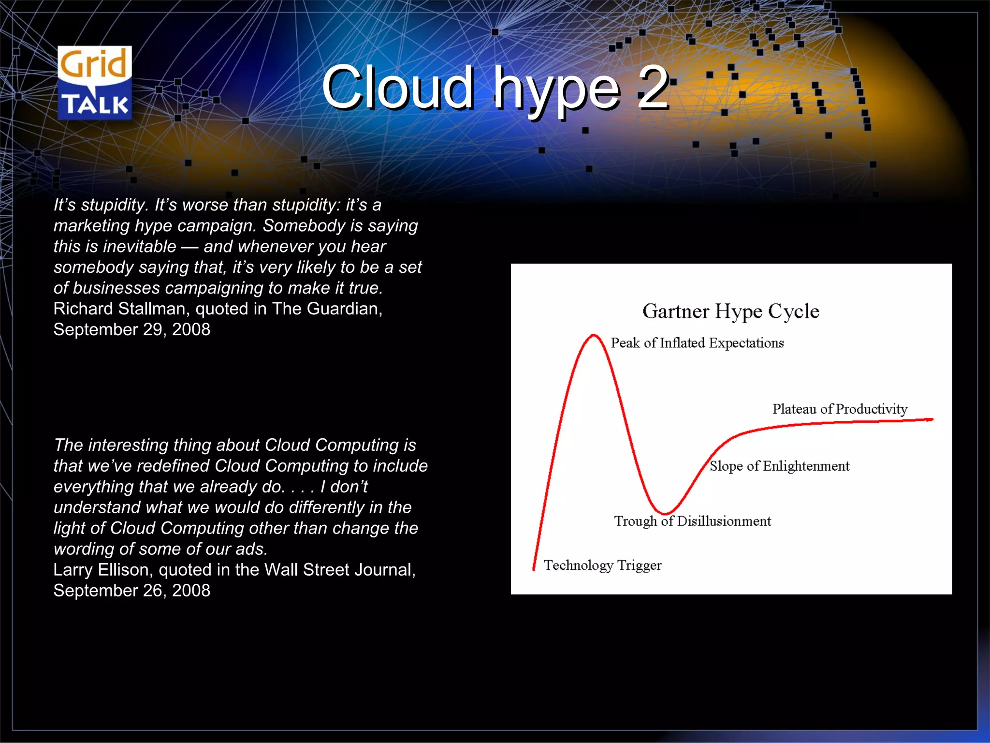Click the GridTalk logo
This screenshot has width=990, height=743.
pyautogui.click(x=95, y=83)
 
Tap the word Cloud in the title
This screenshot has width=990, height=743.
pyautogui.click(x=397, y=88)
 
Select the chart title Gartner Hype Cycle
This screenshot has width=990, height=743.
pyautogui.click(x=730, y=311)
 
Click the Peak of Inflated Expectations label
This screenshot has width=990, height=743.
pyautogui.click(x=697, y=343)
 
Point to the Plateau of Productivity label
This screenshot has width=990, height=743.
pyautogui.click(x=840, y=409)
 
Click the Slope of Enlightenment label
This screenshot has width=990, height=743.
pyautogui.click(x=779, y=466)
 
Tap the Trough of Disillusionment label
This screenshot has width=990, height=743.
pyautogui.click(x=692, y=521)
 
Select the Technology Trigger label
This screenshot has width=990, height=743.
pyautogui.click(x=602, y=565)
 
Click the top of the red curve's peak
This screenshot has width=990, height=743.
pyautogui.click(x=593, y=335)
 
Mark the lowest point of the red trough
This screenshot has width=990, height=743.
pyautogui.click(x=665, y=513)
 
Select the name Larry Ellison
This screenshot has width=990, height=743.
pyautogui.click(x=103, y=570)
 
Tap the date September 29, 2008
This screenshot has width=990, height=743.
pyautogui.click(x=131, y=329)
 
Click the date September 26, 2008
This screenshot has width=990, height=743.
pyautogui.click(x=131, y=591)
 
